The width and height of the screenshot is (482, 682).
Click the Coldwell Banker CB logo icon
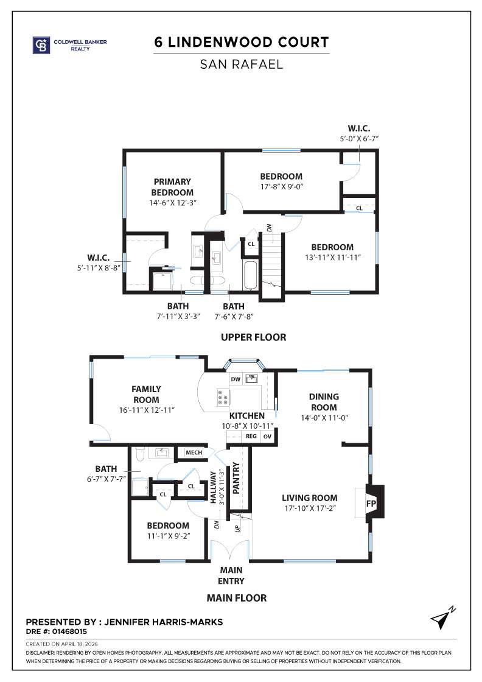point(41,45)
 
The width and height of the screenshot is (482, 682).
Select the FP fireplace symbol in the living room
point(371,504)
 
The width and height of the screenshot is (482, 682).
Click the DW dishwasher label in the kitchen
point(236,379)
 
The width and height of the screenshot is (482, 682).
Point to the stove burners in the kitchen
point(223,398)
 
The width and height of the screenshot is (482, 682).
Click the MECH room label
point(194,453)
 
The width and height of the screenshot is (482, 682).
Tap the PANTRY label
point(237,479)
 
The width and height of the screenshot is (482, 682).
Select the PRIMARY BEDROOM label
point(172,187)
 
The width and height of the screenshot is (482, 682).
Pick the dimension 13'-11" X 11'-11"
point(332,258)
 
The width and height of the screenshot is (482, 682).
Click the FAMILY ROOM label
point(146,394)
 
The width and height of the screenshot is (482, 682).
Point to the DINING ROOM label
point(324,402)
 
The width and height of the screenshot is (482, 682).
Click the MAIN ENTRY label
point(231,575)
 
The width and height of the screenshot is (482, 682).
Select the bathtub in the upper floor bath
point(250,275)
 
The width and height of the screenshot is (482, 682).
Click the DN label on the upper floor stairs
point(268,228)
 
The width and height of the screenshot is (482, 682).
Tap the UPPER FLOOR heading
point(253,337)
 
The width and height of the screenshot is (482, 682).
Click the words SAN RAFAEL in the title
point(242,64)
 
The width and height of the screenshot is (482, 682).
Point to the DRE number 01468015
point(60,632)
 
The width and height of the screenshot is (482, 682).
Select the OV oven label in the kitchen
point(267,437)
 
